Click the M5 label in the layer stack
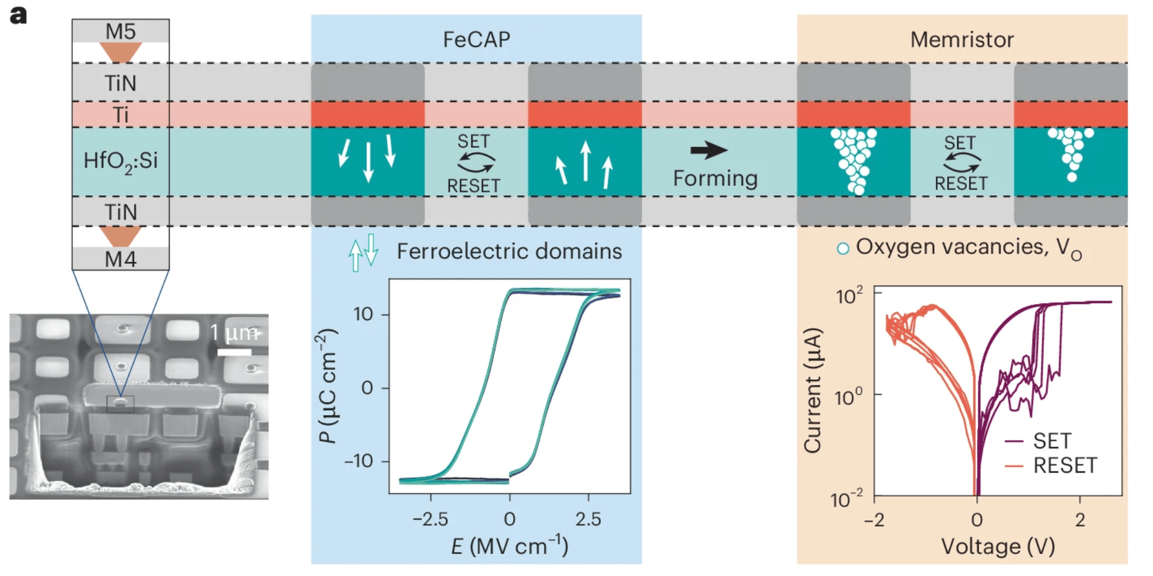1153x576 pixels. tap(120, 31)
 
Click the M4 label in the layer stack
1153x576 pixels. tap(120, 259)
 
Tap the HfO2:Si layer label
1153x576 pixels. tap(120, 161)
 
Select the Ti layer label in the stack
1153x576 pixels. tap(120, 114)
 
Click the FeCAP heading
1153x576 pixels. tap(476, 39)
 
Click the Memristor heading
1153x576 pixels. tap(961, 39)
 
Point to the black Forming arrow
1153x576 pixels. tap(709, 150)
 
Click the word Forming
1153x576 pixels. tap(715, 178)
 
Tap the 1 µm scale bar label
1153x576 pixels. tap(235, 333)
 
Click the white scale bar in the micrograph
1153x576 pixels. tap(234, 352)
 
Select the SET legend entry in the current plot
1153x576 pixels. tap(1051, 441)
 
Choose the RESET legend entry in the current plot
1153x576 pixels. tap(1064, 465)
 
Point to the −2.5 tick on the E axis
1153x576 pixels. tap(430, 519)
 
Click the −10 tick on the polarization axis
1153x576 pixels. tap(359, 461)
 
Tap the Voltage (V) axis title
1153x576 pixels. tap(998, 546)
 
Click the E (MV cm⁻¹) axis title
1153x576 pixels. tap(509, 545)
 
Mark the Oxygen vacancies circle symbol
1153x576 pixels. tap(842, 249)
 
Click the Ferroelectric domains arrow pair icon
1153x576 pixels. tap(363, 252)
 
